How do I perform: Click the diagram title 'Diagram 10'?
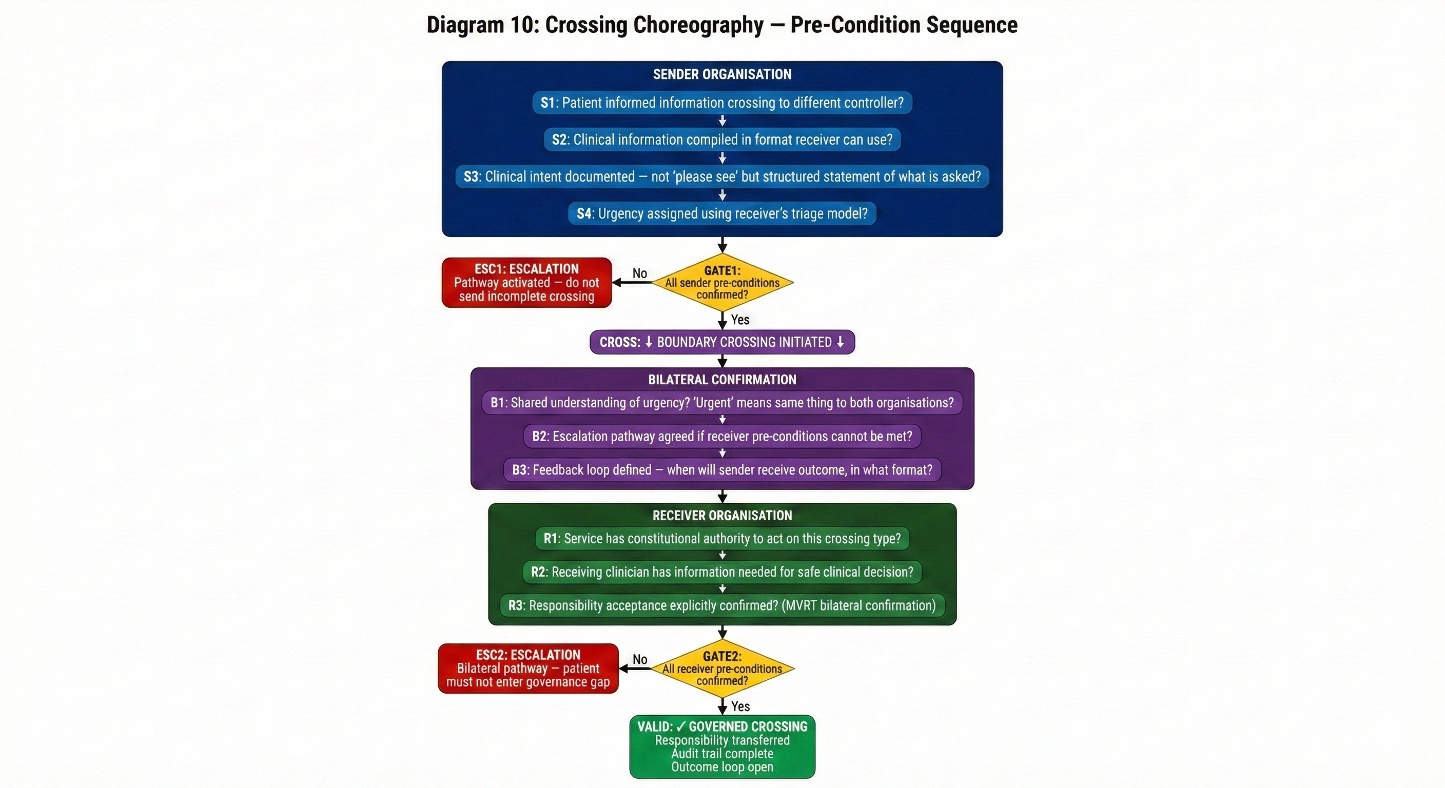pos(722,25)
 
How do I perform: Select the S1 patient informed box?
pos(722,103)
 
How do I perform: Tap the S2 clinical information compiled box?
pos(722,140)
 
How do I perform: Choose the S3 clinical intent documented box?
pos(722,176)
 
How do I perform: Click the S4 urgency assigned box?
pos(722,214)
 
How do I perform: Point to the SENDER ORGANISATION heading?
pos(722,74)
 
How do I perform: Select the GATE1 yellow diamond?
pos(722,283)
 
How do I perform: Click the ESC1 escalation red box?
pos(526,283)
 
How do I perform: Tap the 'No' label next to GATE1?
pos(639,273)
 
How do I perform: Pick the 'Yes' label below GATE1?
pos(740,320)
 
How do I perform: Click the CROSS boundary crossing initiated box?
pos(722,342)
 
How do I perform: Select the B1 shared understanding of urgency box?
pos(722,403)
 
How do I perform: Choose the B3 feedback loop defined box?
pos(722,470)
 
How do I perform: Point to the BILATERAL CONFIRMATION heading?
pos(722,380)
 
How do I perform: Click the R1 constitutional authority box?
pos(722,539)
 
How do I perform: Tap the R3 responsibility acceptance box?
pos(722,606)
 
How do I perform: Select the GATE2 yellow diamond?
pos(722,668)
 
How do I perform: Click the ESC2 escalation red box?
pos(528,668)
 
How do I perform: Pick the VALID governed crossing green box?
pos(722,746)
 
